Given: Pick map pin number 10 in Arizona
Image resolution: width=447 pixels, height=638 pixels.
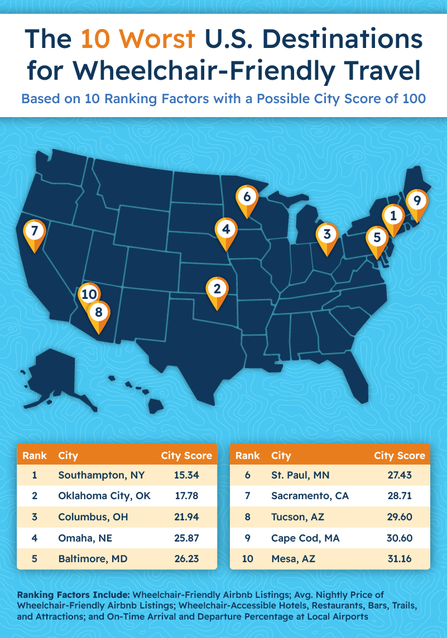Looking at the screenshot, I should tap(89, 294).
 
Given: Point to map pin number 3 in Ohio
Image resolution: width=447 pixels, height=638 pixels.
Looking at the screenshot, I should tap(327, 234).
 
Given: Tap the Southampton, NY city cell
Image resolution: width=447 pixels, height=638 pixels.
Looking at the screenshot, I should tap(101, 475).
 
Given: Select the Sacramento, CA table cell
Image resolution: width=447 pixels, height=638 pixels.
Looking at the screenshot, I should tap(310, 496).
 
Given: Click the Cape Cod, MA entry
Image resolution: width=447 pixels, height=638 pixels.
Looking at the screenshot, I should tap(305, 538).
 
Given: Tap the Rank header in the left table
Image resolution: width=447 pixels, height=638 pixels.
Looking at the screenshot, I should tap(35, 456).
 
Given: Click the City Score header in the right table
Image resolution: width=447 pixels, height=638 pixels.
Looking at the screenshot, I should tap(400, 456).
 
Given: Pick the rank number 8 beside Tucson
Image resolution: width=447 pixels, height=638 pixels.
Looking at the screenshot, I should tap(248, 517).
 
